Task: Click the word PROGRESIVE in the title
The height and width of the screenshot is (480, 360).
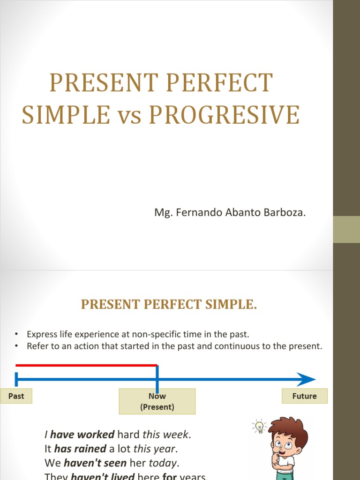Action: pyautogui.click(x=224, y=115)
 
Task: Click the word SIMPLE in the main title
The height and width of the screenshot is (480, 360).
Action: pyautogui.click(x=65, y=115)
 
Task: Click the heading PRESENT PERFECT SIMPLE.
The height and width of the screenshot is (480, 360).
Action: pyautogui.click(x=169, y=305)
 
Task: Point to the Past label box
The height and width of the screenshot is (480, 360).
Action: pyautogui.click(x=16, y=396)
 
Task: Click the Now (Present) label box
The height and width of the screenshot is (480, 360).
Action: pyautogui.click(x=157, y=401)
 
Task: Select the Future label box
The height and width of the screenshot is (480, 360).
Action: pyautogui.click(x=304, y=396)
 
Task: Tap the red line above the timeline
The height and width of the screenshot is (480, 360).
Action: pyautogui.click(x=86, y=365)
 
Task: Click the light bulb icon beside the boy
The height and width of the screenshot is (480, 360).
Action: pyautogui.click(x=259, y=427)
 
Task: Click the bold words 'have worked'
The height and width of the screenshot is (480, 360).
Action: pyautogui.click(x=82, y=435)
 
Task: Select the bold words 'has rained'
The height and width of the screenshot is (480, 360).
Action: pyautogui.click(x=80, y=449)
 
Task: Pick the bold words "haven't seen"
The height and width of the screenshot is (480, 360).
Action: pyautogui.click(x=95, y=463)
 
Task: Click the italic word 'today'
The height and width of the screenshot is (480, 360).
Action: pyautogui.click(x=163, y=463)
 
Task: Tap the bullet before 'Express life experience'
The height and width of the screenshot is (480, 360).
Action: pyautogui.click(x=16, y=334)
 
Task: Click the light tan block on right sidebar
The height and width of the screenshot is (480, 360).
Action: pyautogui.click(x=346, y=229)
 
